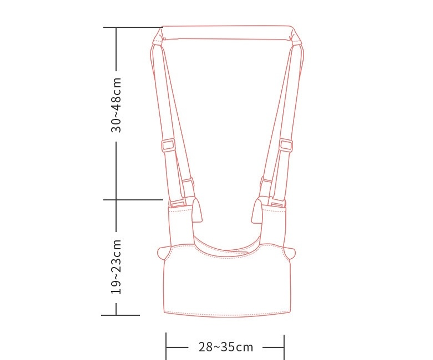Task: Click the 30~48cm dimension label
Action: click(116, 105)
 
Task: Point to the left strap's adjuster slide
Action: click(168, 145)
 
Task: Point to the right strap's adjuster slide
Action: click(286, 145)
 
